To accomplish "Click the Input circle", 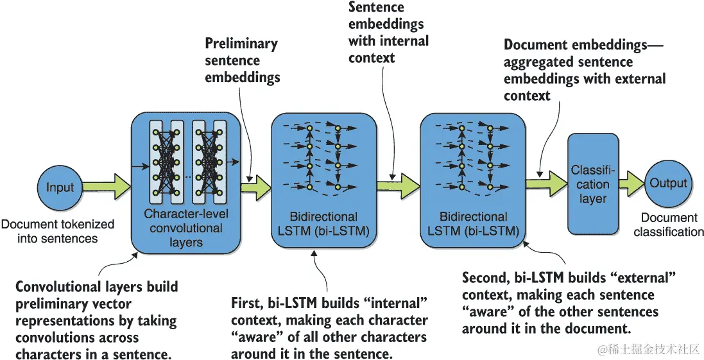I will [x=60, y=188].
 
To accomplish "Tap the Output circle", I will [x=668, y=184].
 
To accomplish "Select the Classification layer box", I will [x=593, y=184].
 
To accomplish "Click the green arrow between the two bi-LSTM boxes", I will [x=399, y=185].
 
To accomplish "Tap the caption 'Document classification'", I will [x=669, y=225].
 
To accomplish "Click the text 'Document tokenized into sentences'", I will [x=57, y=231].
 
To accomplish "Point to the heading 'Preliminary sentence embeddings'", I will [x=242, y=61].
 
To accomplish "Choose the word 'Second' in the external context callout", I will [x=485, y=279].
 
